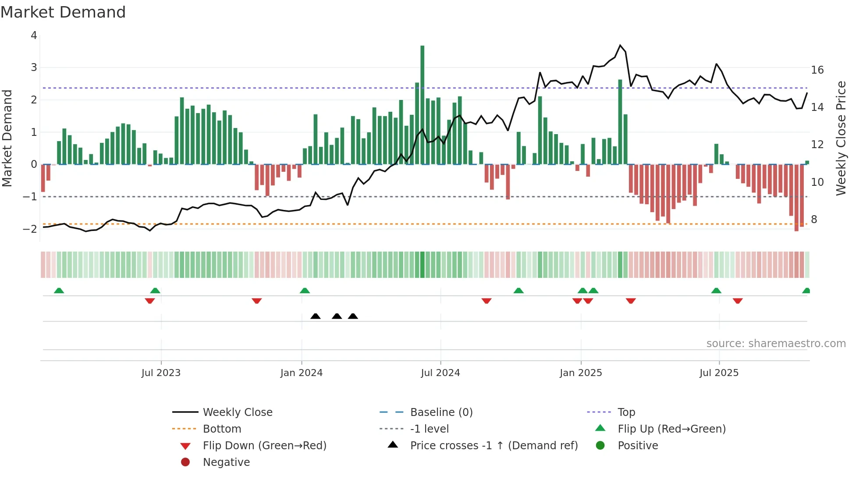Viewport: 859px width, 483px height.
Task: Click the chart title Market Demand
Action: click(63, 12)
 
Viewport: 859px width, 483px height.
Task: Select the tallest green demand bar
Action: click(422, 105)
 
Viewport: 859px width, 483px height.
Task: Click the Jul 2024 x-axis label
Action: click(440, 373)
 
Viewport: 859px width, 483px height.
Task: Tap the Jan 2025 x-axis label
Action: click(581, 373)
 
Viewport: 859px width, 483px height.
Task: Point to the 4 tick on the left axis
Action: click(34, 36)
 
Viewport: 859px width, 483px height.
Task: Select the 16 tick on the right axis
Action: click(817, 70)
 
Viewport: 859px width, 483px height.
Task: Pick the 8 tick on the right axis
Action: click(814, 220)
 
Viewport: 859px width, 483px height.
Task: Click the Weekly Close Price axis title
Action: click(841, 138)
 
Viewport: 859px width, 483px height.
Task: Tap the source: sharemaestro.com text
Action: click(776, 344)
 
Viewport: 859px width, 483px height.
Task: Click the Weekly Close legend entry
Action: click(237, 412)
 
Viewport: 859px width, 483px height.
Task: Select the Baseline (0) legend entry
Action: click(441, 412)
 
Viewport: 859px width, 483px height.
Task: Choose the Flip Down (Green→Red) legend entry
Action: click(264, 446)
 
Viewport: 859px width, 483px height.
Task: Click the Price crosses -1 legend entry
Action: click(493, 446)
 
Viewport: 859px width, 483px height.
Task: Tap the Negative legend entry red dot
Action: click(185, 462)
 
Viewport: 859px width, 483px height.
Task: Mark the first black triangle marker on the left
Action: click(316, 316)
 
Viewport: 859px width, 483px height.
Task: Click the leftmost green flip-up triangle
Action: click(59, 291)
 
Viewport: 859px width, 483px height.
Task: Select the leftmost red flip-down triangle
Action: click(150, 301)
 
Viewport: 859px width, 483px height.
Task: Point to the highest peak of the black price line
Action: click(620, 45)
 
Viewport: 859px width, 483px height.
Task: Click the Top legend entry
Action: click(626, 412)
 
